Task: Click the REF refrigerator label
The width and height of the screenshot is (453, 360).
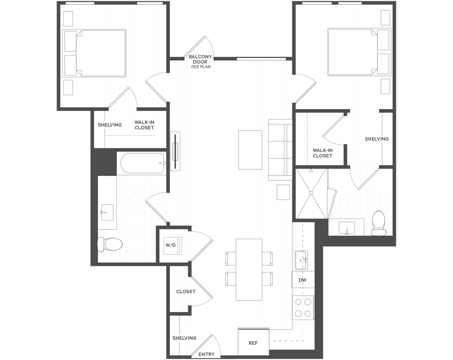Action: click(x=253, y=343)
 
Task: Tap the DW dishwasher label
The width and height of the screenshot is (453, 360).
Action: click(x=302, y=280)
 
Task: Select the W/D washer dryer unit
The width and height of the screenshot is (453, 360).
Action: click(x=173, y=246)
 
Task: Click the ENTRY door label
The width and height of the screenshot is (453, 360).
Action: click(x=206, y=354)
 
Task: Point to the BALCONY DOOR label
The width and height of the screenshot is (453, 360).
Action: click(x=200, y=59)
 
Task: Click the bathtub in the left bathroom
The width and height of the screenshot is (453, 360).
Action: click(x=142, y=163)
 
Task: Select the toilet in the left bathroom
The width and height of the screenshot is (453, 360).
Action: click(x=110, y=244)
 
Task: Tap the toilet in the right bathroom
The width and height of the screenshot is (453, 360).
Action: click(x=379, y=223)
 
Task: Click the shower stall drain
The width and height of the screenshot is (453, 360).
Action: click(x=311, y=193)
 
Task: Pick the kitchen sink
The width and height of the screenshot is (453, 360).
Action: click(x=301, y=260)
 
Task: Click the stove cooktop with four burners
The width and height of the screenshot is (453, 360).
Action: click(x=303, y=308)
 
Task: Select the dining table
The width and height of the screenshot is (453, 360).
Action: click(x=249, y=269)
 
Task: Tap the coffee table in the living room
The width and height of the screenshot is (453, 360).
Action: click(x=250, y=150)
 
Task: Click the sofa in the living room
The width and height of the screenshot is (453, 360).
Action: click(x=280, y=150)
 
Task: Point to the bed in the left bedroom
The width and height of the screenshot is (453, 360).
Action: click(x=94, y=53)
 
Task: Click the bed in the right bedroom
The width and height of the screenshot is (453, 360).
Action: click(x=359, y=52)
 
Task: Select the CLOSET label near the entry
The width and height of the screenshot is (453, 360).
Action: click(x=186, y=292)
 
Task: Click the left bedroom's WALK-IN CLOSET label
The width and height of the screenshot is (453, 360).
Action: click(x=144, y=125)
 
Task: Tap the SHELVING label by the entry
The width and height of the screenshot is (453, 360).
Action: click(x=184, y=338)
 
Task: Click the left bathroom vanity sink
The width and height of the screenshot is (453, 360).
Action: click(x=107, y=212)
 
